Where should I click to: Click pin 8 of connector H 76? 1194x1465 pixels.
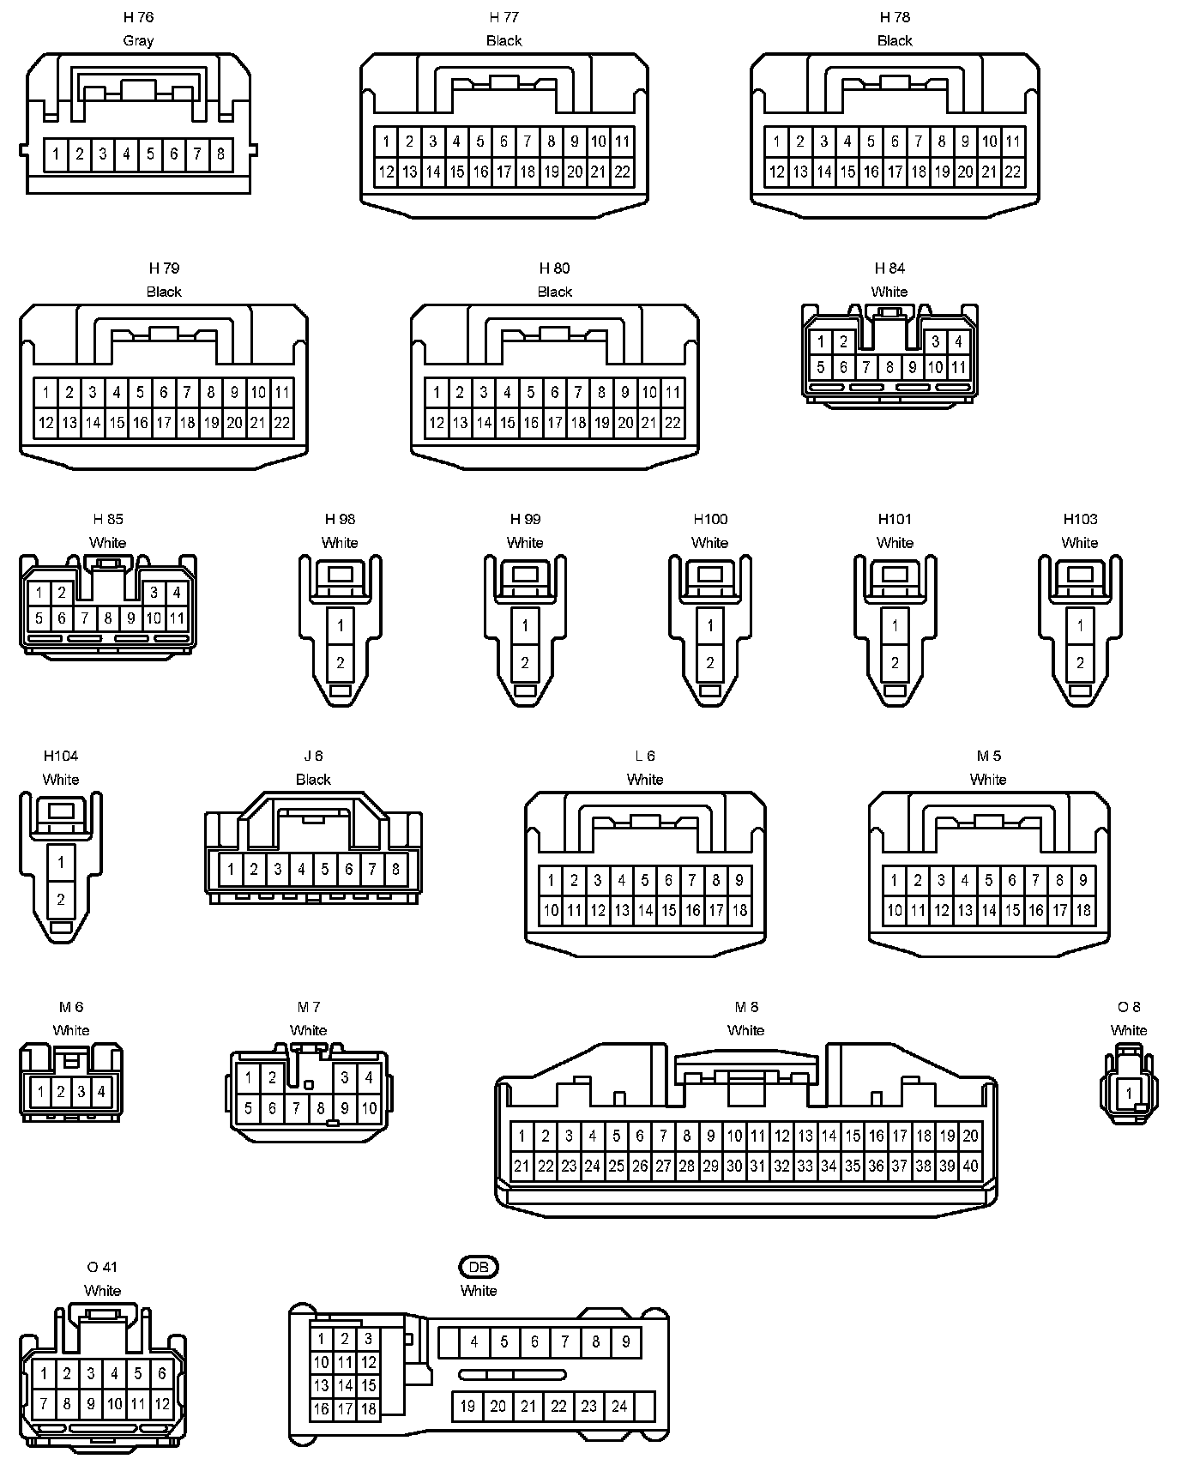[x=220, y=154]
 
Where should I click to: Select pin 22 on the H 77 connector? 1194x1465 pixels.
[x=622, y=172]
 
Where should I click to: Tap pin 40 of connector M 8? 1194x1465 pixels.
[x=970, y=1166]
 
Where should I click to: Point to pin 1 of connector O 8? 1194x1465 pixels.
[x=1129, y=1094]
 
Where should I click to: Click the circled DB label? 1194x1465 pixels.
[x=479, y=1267]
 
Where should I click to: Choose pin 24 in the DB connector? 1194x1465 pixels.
[x=619, y=1406]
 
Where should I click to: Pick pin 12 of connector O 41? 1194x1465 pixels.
[x=161, y=1404]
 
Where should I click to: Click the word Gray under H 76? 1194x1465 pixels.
[x=138, y=40]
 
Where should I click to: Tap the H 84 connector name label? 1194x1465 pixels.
[x=889, y=268]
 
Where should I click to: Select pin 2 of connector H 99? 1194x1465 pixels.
[x=525, y=662]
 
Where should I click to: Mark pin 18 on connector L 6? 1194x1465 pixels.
[x=739, y=910]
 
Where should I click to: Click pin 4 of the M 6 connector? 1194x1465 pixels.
[x=101, y=1092]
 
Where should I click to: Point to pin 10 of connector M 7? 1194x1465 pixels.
[x=369, y=1108]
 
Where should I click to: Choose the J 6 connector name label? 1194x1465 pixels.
[x=313, y=756]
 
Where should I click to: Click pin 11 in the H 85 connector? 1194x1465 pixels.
[x=177, y=618]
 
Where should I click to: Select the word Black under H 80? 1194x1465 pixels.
[x=554, y=292]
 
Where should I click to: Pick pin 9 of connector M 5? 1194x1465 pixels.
[x=1082, y=880]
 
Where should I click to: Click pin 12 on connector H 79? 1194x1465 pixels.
[x=45, y=422]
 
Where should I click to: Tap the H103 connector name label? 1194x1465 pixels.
[x=1080, y=519]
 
